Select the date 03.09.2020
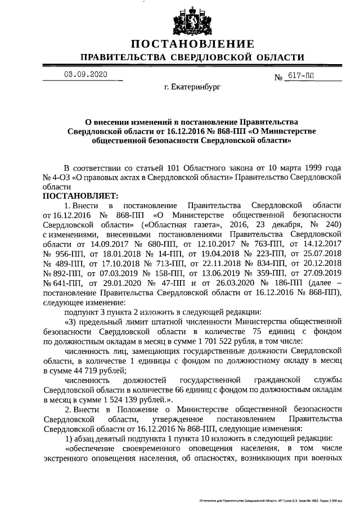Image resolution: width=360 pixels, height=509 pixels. click(85, 74)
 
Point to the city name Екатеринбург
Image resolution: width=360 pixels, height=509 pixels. click(193, 88)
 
